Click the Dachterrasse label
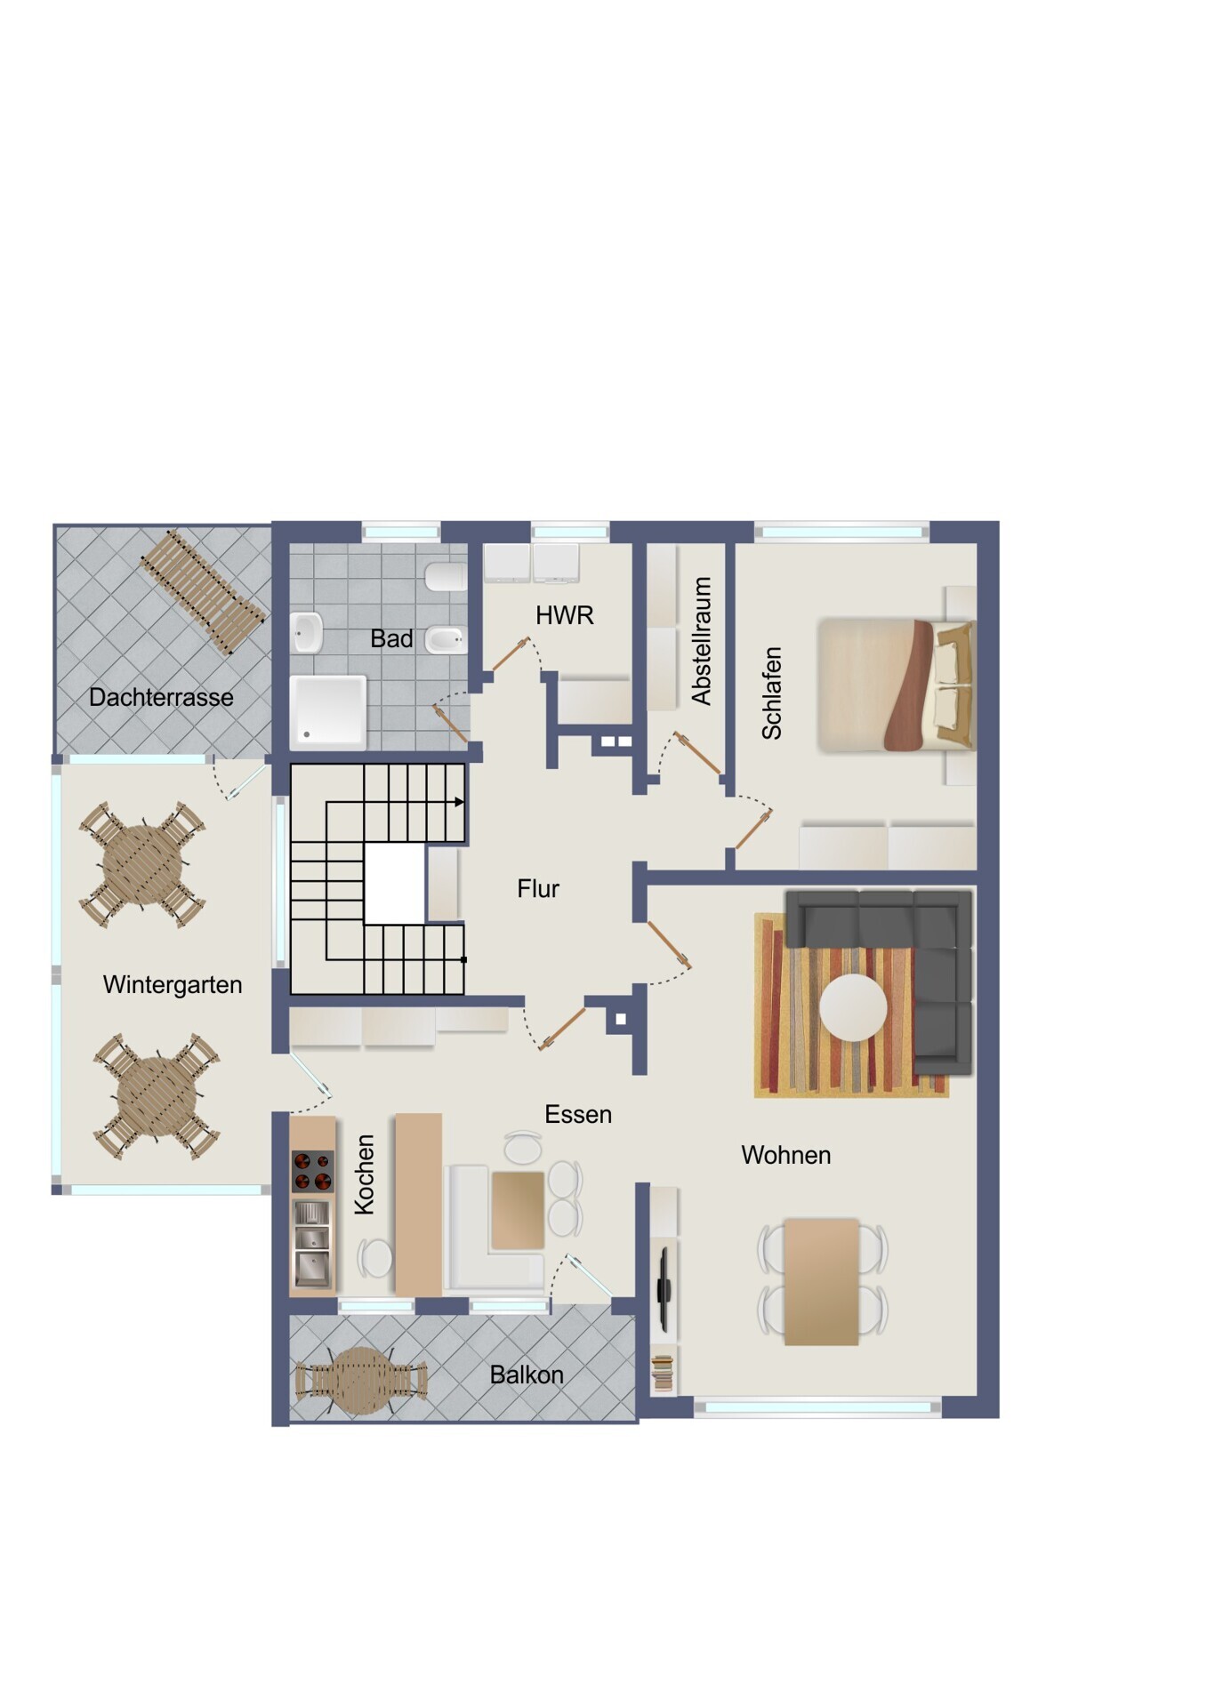(x=161, y=697)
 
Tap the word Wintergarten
(x=173, y=985)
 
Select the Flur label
(x=538, y=888)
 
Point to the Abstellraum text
(x=702, y=641)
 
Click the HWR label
(x=564, y=614)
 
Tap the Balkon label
(x=527, y=1374)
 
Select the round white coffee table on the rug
(x=853, y=1007)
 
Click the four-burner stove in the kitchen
(x=312, y=1171)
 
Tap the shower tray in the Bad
(x=328, y=709)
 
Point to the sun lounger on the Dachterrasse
(x=203, y=592)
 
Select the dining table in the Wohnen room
(x=821, y=1281)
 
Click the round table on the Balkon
(x=360, y=1381)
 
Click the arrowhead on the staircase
(x=459, y=802)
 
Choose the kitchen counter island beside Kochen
(x=418, y=1205)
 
